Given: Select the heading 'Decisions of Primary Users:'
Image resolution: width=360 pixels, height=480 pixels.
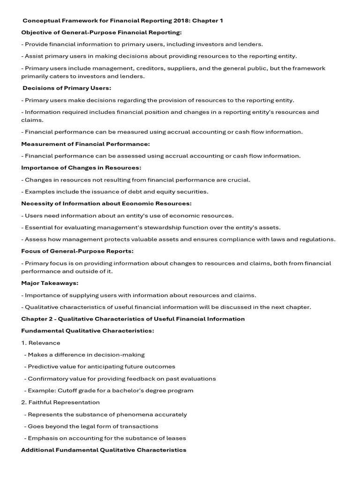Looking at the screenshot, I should click(67, 88).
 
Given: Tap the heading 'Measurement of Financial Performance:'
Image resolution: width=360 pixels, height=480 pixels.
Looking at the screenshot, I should click(86, 144).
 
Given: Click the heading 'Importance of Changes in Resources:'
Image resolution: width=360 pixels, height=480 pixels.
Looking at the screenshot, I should click(81, 167).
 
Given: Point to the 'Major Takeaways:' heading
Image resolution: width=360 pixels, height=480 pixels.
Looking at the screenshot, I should click(50, 283).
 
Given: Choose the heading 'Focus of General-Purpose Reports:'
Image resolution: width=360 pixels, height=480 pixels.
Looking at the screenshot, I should click(77, 251).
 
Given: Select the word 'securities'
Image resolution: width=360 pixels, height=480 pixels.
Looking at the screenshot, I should click(193, 191).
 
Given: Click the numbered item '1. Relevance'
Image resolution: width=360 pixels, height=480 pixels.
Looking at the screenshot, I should click(41, 343).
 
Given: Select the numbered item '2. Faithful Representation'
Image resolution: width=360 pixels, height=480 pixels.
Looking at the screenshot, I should click(60, 402).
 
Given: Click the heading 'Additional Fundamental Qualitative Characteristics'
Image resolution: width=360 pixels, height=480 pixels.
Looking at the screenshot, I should click(104, 450).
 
